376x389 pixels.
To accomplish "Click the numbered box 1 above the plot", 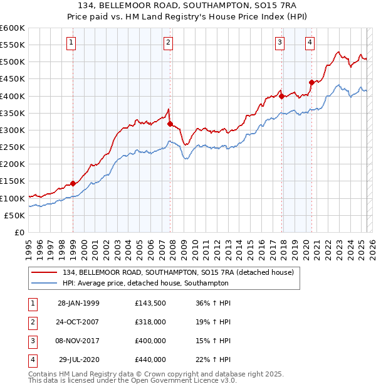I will point(71,43).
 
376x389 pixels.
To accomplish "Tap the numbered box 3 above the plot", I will point(279,43).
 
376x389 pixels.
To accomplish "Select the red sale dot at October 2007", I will point(170,124).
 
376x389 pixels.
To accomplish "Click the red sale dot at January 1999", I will point(73,183).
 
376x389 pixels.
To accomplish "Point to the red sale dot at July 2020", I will point(311,82).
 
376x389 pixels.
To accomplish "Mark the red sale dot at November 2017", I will point(282,96).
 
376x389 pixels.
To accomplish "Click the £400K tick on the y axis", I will point(13,96).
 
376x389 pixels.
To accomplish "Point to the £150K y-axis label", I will point(13,181).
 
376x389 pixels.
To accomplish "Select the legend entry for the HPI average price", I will point(145,283).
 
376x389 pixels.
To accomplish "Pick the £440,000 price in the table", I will point(150,360).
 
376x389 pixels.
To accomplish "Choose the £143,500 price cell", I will point(150,302).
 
